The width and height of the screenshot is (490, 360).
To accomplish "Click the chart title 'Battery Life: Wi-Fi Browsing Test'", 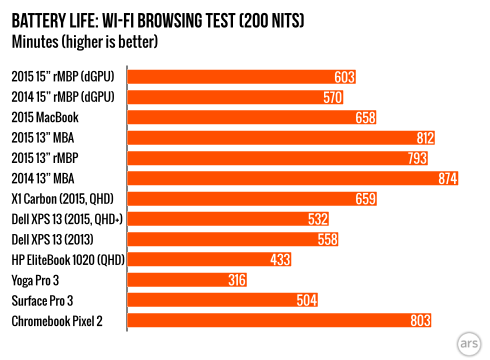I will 157,21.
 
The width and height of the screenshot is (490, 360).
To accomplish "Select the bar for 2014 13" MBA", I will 292,178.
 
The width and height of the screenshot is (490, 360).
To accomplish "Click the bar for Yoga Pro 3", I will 187,280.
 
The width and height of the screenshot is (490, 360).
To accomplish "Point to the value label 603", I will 344,77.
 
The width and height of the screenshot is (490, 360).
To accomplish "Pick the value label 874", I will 448,178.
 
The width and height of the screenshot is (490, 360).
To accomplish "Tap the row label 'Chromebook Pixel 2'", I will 57,321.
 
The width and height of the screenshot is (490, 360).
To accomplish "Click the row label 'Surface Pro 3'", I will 45,300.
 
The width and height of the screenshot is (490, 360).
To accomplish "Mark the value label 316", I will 236,280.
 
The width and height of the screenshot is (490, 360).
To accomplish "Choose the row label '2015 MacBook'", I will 45,118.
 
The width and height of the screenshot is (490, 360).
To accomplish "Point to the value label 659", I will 365,199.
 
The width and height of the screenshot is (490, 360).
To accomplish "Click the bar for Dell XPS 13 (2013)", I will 232,239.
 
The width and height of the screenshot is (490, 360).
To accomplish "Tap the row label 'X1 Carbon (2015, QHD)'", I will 62,199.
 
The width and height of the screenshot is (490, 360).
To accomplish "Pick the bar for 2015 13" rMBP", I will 278,158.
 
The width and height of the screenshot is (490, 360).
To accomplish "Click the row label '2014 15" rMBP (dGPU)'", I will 63,97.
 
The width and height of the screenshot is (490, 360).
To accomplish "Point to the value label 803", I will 420,321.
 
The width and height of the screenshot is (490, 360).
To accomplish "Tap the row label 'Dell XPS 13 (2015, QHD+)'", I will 67,219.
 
